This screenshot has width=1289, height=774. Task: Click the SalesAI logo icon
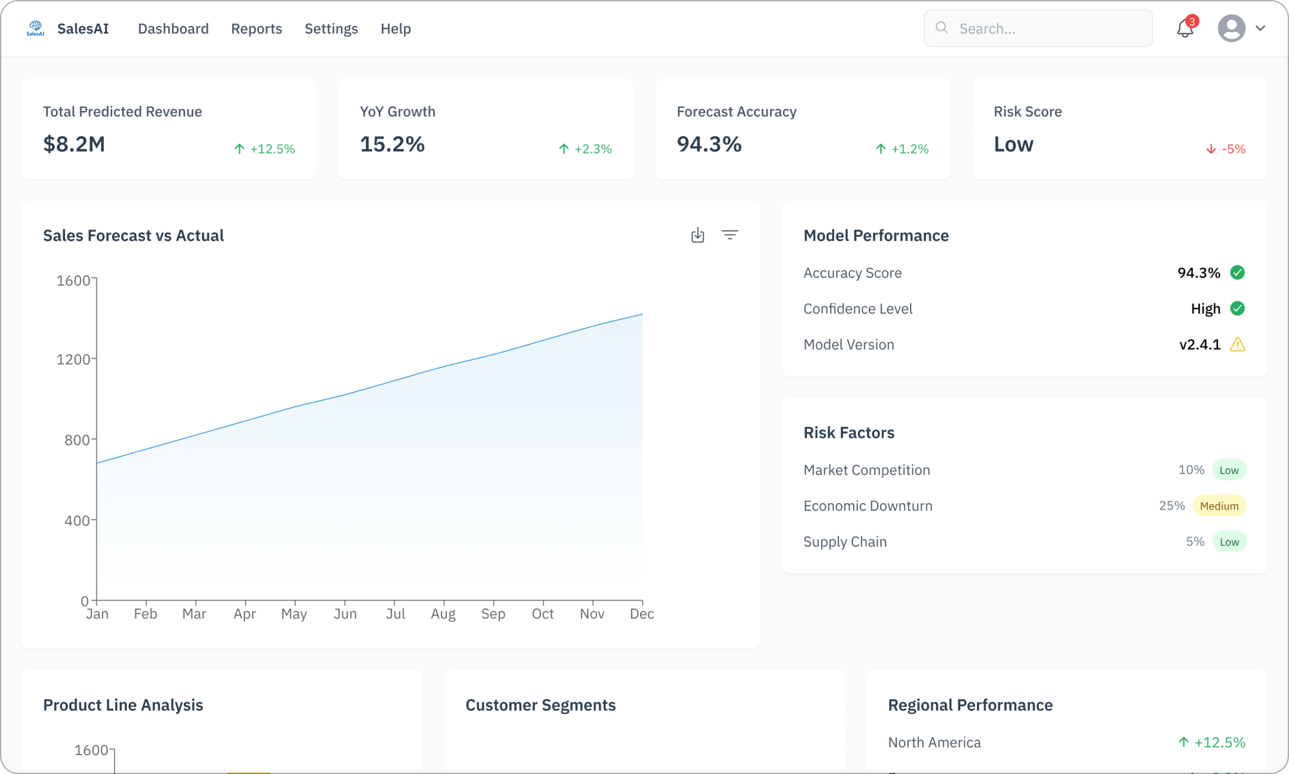[35, 28]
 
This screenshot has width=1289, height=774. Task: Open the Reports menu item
[257, 29]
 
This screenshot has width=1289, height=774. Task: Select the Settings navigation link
[331, 29]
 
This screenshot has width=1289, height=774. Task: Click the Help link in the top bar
[396, 29]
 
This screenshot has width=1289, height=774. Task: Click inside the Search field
[1044, 28]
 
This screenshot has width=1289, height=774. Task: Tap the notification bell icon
[1185, 28]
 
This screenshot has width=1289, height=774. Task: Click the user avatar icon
[1231, 28]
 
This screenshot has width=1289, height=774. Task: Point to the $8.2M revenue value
[74, 144]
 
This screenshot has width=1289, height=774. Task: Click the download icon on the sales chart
[697, 235]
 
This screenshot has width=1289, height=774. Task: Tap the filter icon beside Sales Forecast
[730, 235]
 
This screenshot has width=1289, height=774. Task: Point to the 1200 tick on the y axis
[73, 359]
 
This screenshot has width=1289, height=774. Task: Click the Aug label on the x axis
[443, 614]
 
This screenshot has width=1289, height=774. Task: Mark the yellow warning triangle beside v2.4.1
[1237, 344]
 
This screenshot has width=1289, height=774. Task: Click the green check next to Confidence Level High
[1237, 308]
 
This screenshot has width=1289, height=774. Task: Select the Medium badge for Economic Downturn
[1219, 506]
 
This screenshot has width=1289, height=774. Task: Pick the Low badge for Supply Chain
[1229, 542]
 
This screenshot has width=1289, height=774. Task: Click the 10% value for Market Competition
[1191, 470]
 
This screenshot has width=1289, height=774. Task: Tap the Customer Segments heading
[540, 705]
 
